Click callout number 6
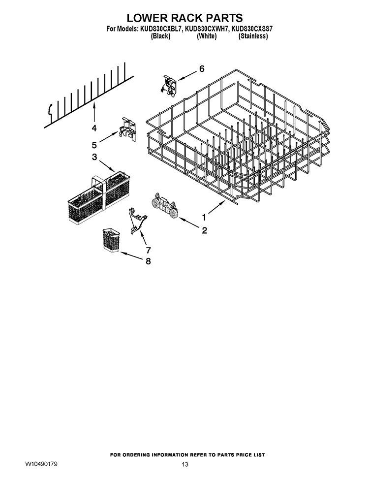tap(202, 69)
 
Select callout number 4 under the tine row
tap(93, 128)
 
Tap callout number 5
tap(94, 145)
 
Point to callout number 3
tap(93, 157)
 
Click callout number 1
tap(204, 217)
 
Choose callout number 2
tap(204, 230)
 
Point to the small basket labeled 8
tap(111, 240)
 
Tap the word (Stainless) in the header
tap(253, 36)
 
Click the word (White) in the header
tap(207, 36)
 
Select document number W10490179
tap(41, 464)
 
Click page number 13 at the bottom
tap(185, 465)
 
